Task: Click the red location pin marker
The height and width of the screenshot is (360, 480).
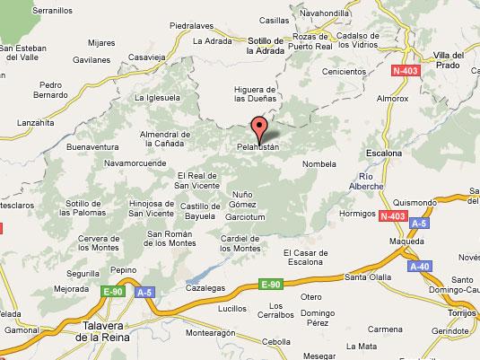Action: pos(260,128)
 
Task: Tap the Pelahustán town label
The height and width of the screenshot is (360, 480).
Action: pos(260,145)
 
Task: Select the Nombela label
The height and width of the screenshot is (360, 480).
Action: pos(319,164)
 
